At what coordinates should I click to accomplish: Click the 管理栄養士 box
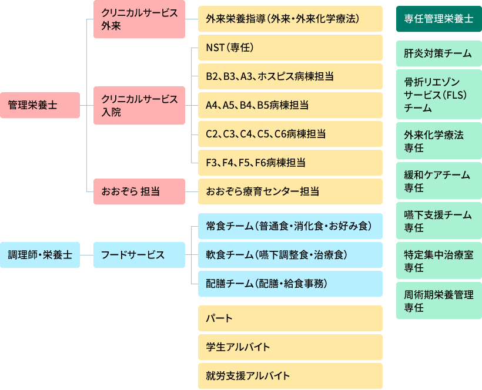click(39, 106)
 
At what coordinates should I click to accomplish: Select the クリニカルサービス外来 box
click(139, 20)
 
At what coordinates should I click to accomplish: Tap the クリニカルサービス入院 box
click(139, 106)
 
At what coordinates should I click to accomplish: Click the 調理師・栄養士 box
click(39, 255)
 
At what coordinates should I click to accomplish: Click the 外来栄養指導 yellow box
click(290, 20)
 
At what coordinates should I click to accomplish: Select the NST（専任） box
click(290, 48)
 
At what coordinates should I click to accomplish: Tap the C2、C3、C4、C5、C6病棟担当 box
click(290, 135)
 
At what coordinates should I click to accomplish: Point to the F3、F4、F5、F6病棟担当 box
click(290, 163)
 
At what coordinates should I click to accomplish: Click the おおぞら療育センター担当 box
click(290, 191)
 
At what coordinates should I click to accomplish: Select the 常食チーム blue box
click(290, 226)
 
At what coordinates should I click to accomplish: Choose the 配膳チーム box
click(290, 284)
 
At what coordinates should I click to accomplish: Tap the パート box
click(290, 319)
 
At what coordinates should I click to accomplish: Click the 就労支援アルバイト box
click(290, 376)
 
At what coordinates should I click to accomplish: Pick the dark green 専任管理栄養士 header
click(439, 19)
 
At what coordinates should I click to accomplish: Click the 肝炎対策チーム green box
click(439, 53)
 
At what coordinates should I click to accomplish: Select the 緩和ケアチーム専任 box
click(439, 181)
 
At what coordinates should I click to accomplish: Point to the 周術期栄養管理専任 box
click(439, 301)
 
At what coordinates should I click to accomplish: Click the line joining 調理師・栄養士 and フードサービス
click(86, 255)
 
